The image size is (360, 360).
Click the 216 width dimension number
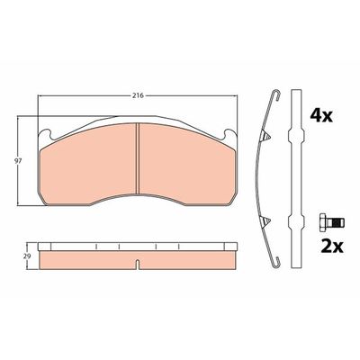[138, 95]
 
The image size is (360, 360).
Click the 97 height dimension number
[18, 161]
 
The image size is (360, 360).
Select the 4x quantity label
[321, 115]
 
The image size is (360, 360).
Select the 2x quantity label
[332, 247]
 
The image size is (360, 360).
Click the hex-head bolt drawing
[332, 222]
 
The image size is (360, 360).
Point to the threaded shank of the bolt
[336, 222]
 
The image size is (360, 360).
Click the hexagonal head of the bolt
[323, 222]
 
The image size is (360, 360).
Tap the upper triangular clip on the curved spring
[265, 137]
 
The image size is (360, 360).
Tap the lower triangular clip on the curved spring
[265, 221]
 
